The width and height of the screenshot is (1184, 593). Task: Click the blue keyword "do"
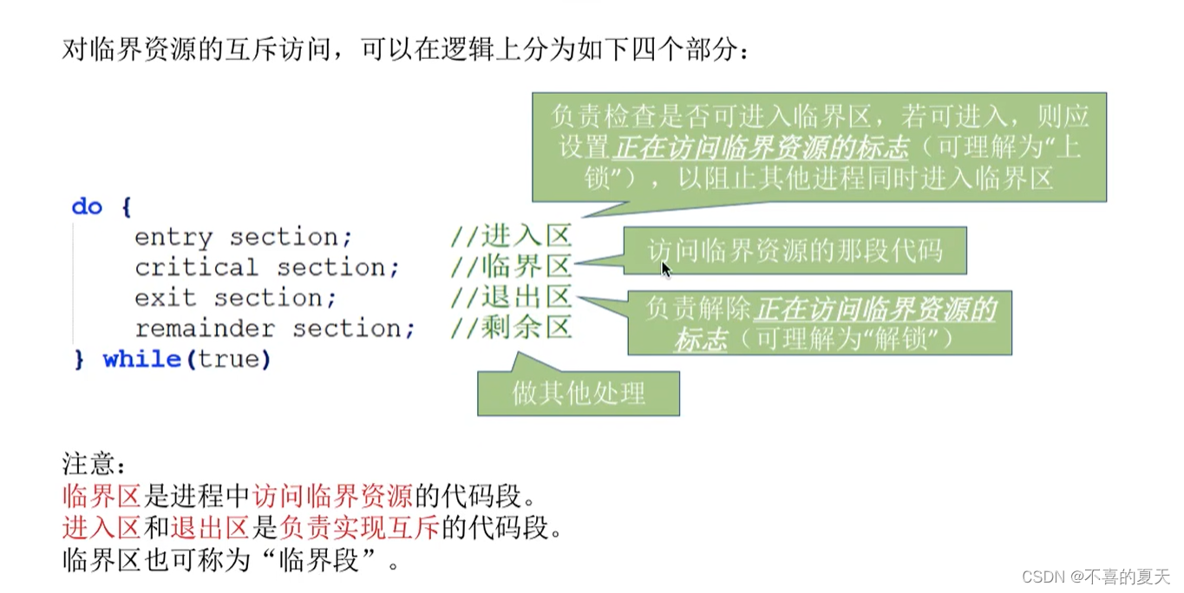pos(87,207)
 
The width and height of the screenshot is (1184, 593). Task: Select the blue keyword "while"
pos(141,359)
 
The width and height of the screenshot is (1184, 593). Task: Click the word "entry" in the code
pos(173,238)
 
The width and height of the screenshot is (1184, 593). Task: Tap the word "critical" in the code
pos(196,268)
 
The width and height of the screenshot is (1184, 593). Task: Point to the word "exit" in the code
pos(165,298)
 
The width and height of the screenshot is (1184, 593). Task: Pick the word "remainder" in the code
pos(205,329)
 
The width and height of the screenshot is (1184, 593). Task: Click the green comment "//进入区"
pos(511,237)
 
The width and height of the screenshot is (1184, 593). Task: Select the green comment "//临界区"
pos(511,267)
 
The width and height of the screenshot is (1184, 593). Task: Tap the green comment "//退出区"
pos(511,297)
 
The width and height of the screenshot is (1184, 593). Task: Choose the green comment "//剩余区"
pos(511,328)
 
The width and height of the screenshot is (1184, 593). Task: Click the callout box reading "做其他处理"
pos(579,394)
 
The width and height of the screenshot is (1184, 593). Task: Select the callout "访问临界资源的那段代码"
pos(795,251)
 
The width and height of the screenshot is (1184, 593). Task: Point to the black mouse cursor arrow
pos(665,270)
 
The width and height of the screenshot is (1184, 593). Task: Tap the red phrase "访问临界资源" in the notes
pos(332,496)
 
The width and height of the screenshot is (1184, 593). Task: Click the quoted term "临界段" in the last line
pos(318,560)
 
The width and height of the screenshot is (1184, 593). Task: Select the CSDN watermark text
pos(1096,577)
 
